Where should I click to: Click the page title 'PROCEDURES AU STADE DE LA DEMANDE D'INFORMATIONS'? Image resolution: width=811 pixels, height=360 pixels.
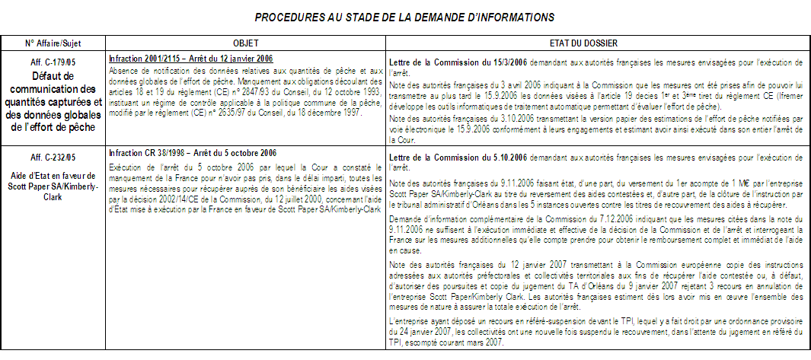click(404, 16)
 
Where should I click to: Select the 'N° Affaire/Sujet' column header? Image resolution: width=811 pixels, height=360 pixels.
click(53, 43)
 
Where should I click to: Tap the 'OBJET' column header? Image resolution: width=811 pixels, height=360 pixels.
click(245, 43)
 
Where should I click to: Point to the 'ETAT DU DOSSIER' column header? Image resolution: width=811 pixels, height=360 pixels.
click(597, 43)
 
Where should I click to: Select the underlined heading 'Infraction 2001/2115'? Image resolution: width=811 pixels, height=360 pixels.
click(145, 59)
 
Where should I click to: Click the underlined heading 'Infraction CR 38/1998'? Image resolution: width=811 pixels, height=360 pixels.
click(148, 153)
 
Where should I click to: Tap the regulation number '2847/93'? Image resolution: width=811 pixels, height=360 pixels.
click(197, 90)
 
